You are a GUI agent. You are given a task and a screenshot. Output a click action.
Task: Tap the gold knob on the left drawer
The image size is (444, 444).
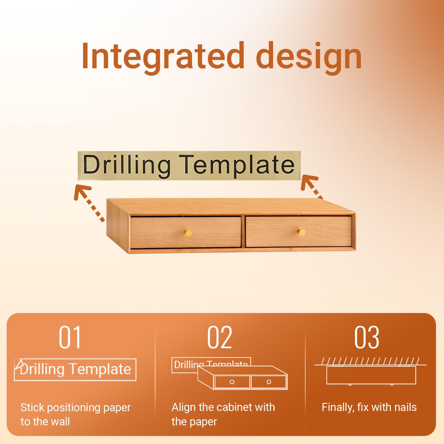188,233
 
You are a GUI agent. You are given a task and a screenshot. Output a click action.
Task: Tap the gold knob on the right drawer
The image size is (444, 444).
302,232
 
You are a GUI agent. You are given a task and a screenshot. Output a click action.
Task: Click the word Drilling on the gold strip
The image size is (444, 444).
127,166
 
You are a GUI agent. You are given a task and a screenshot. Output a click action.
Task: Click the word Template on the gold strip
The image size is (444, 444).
236,166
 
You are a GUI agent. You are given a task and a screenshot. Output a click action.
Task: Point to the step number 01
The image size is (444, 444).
70,337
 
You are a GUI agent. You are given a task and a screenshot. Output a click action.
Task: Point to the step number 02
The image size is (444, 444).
220,337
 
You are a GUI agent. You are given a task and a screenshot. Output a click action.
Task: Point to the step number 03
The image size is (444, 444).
367,337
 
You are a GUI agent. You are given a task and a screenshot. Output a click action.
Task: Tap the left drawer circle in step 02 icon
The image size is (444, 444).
232,382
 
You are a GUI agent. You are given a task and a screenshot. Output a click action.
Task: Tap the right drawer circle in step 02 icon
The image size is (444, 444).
269,382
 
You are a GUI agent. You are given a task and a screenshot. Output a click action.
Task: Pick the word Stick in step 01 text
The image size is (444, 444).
32,407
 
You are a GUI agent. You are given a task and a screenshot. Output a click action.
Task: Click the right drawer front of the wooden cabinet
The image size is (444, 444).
299,232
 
